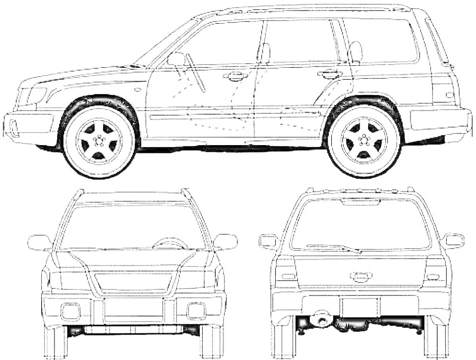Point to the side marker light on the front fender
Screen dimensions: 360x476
[x=137, y=90]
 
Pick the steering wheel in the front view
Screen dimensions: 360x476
[x=170, y=243]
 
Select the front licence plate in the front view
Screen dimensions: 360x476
[x=134, y=309]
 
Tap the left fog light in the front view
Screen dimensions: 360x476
[x=71, y=311]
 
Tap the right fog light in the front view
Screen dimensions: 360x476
[x=196, y=310]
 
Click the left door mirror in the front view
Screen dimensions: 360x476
[x=39, y=242]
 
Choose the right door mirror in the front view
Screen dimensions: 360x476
[x=226, y=242]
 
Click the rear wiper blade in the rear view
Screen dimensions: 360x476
[x=333, y=248]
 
